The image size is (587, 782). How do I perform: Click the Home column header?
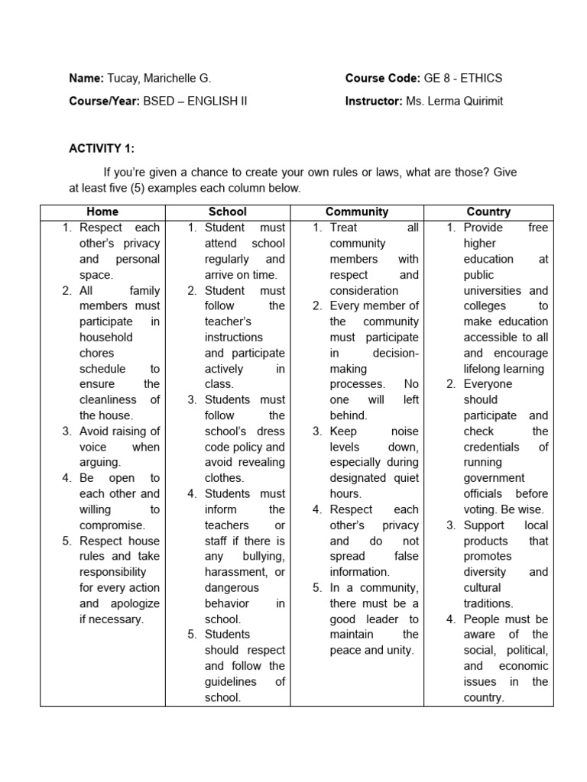(102, 212)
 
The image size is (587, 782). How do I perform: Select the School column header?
(228, 212)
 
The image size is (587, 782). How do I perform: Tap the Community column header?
(357, 212)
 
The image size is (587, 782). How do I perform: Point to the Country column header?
(488, 212)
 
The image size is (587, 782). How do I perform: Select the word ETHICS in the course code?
(481, 78)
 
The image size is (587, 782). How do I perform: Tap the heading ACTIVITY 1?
(102, 148)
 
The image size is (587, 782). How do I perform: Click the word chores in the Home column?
(96, 353)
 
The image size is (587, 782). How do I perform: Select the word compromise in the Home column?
(112, 525)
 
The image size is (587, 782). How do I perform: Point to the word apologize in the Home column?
(135, 603)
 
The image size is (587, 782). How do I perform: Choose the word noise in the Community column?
(404, 431)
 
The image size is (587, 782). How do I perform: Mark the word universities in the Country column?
(492, 290)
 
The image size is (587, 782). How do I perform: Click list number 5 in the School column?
(192, 635)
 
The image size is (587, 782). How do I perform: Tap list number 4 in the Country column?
(451, 619)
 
